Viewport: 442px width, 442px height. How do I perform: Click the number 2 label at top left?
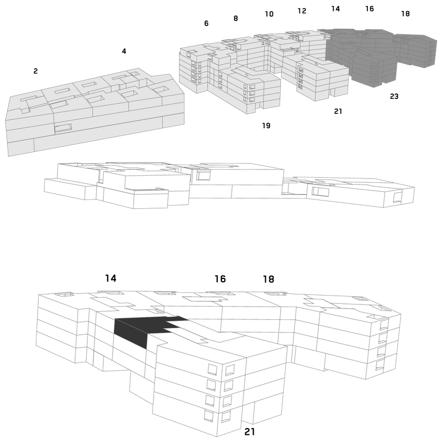(35, 71)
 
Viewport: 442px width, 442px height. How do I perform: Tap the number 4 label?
(124, 51)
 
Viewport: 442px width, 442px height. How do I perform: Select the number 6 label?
(206, 23)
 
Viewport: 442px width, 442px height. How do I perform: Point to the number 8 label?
(236, 18)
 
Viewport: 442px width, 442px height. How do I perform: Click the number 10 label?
(269, 14)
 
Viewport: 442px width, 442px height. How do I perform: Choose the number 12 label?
(302, 10)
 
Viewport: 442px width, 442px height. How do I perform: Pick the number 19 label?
(266, 125)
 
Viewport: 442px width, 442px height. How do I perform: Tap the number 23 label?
(394, 96)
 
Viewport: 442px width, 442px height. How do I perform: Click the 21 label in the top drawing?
(338, 112)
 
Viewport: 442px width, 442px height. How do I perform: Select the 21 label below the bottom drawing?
(250, 432)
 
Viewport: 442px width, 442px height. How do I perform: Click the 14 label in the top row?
(335, 9)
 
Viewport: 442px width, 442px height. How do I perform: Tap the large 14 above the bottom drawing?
(111, 278)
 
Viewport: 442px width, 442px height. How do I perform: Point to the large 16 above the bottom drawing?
(220, 279)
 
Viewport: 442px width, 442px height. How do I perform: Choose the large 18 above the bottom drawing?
(269, 279)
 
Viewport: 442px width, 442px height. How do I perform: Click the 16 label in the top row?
(370, 9)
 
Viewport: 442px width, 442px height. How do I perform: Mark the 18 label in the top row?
(406, 13)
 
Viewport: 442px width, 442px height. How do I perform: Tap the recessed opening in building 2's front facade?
(63, 128)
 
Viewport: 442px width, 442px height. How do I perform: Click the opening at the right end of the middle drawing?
(397, 197)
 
